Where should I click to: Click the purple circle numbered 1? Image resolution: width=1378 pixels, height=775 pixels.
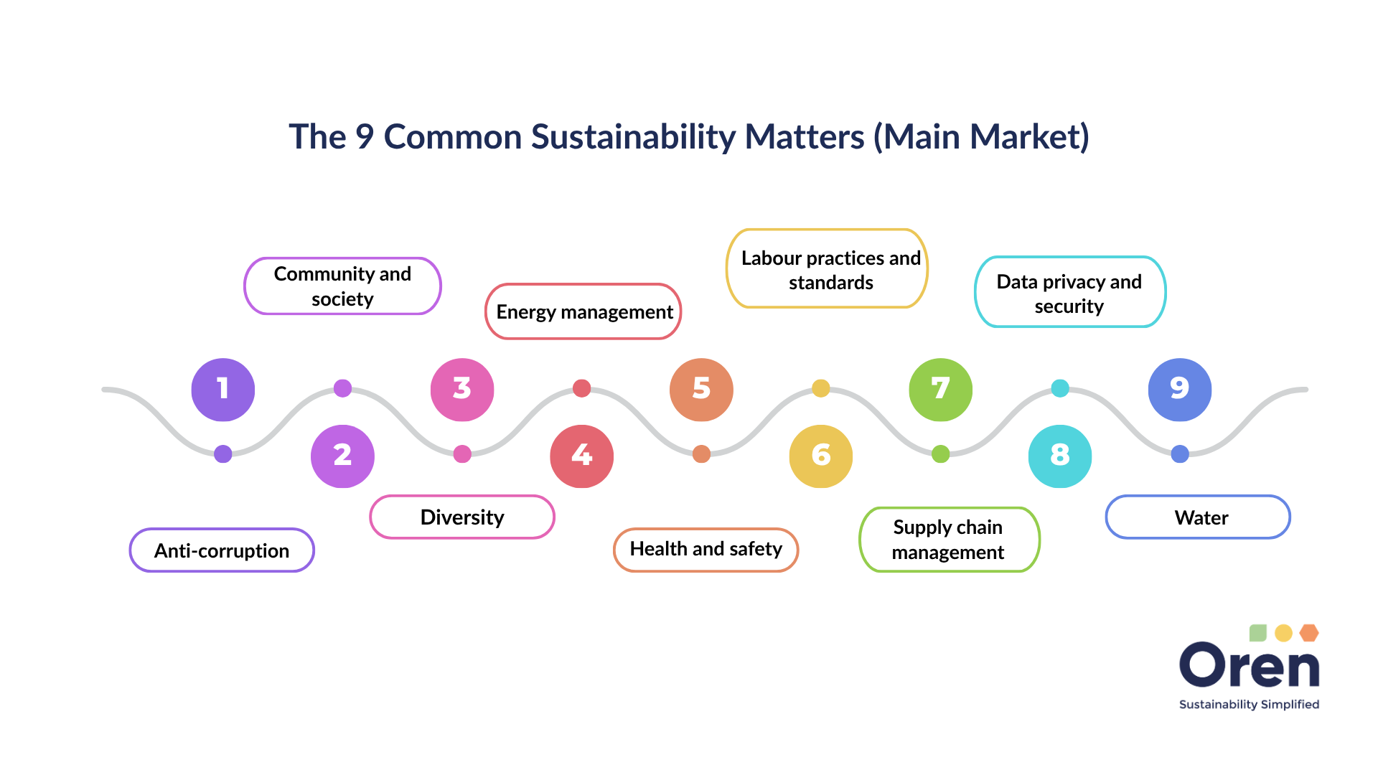point(223,389)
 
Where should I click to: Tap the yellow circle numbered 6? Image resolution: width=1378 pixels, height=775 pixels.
point(820,456)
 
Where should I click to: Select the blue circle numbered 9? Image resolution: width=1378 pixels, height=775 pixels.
point(1179,389)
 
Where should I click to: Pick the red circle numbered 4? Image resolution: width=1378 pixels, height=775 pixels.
point(581,456)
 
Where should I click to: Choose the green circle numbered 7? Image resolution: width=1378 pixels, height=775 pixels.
point(940,389)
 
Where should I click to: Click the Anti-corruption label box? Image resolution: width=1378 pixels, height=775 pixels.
point(222,550)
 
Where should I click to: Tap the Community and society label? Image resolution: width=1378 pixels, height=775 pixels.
point(342,286)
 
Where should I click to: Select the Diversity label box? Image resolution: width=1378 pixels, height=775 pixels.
point(462,517)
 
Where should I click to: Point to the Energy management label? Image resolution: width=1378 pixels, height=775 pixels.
point(583,311)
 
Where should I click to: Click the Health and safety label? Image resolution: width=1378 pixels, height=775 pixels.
point(706,550)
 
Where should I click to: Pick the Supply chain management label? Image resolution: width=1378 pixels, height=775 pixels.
point(949,540)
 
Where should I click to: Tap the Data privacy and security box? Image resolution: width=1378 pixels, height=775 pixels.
point(1069,293)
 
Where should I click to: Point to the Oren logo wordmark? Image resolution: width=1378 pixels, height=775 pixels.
point(1249,666)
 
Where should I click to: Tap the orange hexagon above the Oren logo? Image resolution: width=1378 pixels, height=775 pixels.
point(1309,633)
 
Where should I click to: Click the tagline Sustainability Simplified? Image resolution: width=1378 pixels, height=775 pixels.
point(1249,705)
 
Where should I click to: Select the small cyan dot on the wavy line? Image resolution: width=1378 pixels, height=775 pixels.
point(1059,388)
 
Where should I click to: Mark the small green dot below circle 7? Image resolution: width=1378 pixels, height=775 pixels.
point(940,454)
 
